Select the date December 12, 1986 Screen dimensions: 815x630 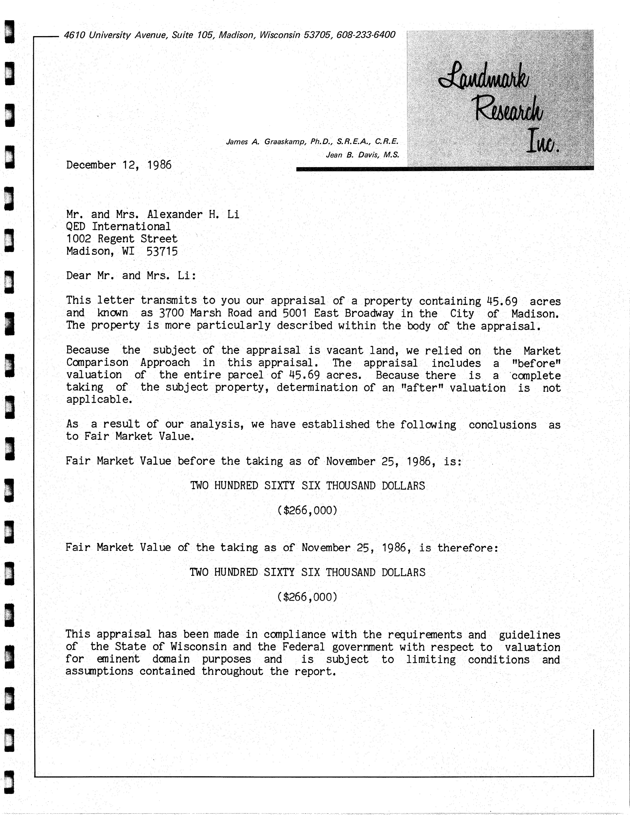coord(119,165)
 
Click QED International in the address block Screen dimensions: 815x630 coord(118,226)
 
